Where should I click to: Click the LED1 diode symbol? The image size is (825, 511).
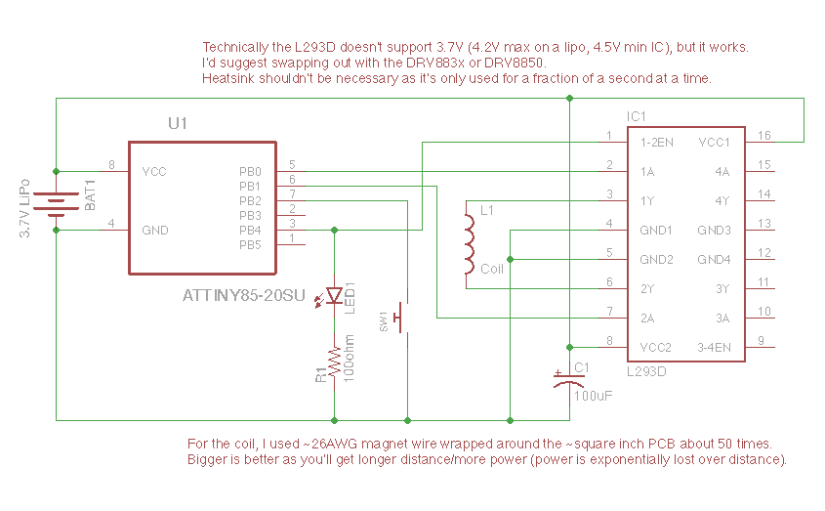[x=335, y=294]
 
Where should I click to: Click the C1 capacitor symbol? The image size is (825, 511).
[x=569, y=382]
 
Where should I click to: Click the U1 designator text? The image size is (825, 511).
[x=178, y=123]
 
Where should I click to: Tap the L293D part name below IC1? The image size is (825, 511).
[x=646, y=371]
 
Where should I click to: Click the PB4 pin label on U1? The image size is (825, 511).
[x=251, y=230]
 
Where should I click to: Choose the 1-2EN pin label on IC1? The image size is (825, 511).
[x=657, y=142]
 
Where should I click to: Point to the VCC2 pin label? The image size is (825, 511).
[x=657, y=347]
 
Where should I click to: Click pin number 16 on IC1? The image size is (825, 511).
[x=764, y=136]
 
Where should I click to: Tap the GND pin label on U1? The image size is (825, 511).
[x=154, y=230]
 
